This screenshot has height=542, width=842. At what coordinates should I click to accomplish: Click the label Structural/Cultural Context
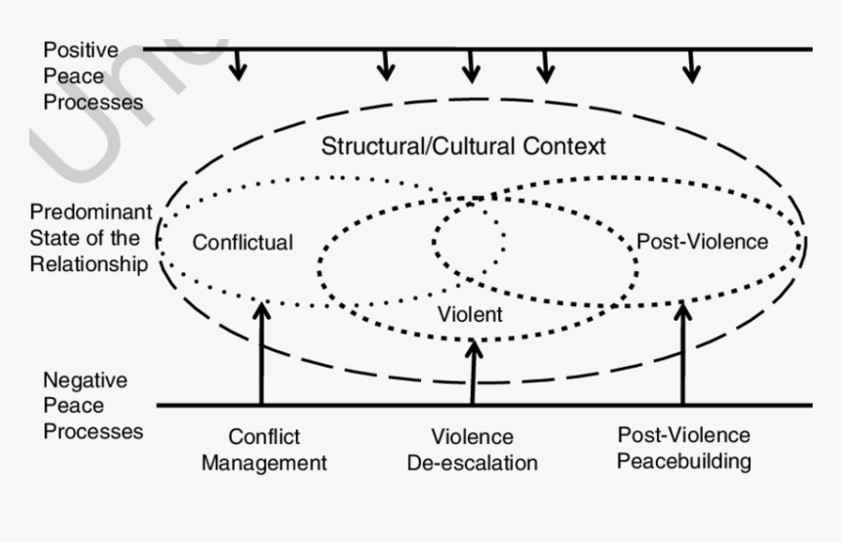(x=463, y=147)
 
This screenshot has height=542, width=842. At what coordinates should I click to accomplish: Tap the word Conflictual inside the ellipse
(x=242, y=242)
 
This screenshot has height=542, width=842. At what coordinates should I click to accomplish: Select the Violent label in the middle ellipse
(x=470, y=314)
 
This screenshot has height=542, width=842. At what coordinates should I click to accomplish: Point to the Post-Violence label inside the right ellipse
(x=702, y=241)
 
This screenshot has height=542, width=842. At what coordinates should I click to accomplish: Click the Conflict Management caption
(x=263, y=450)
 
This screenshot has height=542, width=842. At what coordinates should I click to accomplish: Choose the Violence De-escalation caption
(x=472, y=450)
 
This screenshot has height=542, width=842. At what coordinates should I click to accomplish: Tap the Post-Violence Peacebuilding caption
(x=683, y=447)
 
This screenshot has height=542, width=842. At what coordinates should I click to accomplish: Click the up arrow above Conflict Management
(x=261, y=352)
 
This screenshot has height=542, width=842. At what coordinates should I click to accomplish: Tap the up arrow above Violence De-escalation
(x=473, y=372)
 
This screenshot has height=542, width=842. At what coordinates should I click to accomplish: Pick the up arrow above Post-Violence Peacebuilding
(x=683, y=352)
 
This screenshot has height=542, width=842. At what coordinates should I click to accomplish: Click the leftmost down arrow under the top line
(x=238, y=66)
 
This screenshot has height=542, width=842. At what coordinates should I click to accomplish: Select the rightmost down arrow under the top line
(x=692, y=66)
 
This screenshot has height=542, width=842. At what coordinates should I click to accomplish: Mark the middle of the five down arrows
(x=472, y=66)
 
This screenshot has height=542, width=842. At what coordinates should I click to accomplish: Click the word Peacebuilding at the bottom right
(x=683, y=460)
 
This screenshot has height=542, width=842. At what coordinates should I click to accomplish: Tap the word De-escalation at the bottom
(x=472, y=463)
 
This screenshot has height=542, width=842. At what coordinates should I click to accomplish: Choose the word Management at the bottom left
(x=263, y=463)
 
